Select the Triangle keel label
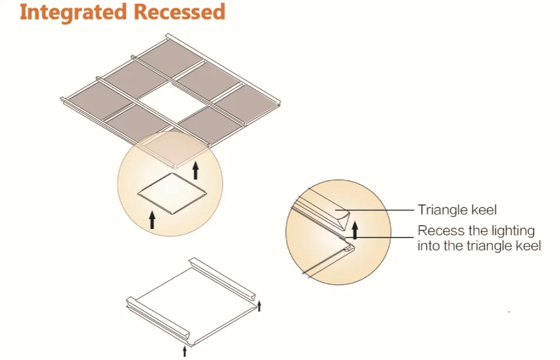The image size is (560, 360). (x=457, y=209)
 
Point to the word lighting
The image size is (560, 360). (x=496, y=231)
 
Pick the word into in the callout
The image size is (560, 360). (x=429, y=246)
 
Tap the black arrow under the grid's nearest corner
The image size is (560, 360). (x=196, y=170)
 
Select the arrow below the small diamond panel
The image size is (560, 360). (x=152, y=220)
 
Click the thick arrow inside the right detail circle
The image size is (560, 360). (x=355, y=229)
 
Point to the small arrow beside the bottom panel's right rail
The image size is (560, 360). (x=259, y=305)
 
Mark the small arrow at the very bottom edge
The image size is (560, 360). (x=185, y=351)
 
